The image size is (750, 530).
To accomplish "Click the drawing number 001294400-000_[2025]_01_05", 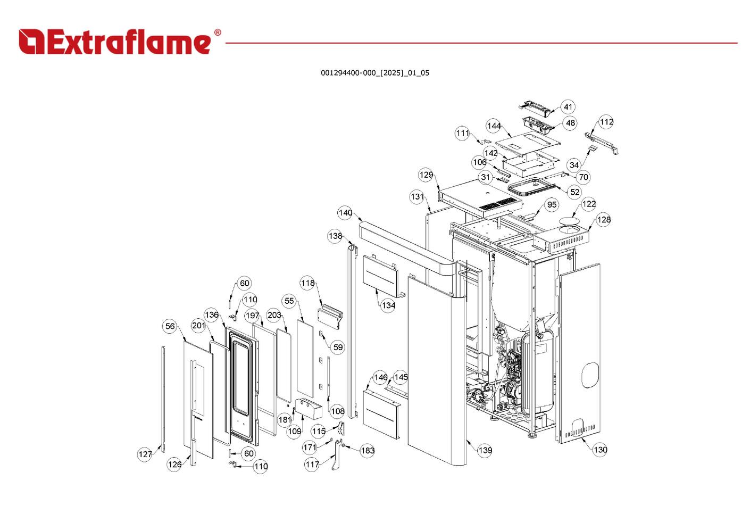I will coord(374,73).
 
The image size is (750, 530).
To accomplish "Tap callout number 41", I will coord(568,107).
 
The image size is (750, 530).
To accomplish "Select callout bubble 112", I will coord(606,122).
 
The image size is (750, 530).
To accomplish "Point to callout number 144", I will coord(494,126).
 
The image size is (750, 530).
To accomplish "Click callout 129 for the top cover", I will coord(426,175).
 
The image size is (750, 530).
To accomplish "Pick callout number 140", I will coord(345,213).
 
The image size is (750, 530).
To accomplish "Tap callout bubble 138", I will coord(335,236).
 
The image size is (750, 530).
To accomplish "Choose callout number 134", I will coord(388,305).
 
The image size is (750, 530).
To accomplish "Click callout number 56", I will coord(170,326).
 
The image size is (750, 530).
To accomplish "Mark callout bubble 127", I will coord(145,454).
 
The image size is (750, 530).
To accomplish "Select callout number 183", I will coord(368,451).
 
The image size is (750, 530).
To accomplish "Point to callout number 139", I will coord(485,451).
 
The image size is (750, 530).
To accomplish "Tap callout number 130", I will coord(600,450).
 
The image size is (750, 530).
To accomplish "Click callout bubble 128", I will coord(604,220).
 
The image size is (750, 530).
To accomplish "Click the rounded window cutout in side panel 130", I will coord(589,375).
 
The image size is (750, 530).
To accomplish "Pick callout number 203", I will coord(274,315).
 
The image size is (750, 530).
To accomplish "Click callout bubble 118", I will coord(307,283).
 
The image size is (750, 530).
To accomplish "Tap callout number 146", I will coord(380,378).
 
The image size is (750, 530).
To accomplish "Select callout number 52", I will coord(575,192).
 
